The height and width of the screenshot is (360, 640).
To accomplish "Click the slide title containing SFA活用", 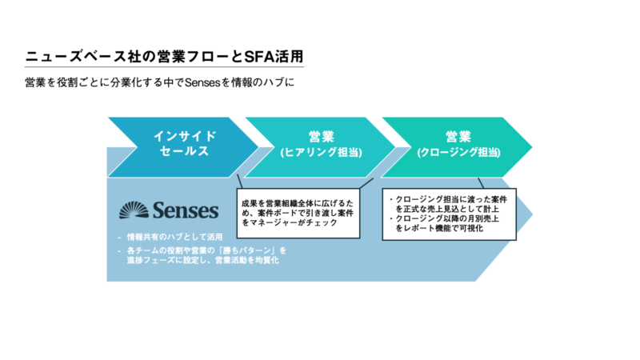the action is click(x=164, y=57).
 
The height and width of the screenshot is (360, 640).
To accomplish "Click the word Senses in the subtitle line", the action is click(x=202, y=83).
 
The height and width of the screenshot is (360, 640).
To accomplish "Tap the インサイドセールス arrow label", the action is click(x=185, y=143).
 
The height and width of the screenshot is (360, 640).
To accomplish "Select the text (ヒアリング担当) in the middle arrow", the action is click(x=322, y=152).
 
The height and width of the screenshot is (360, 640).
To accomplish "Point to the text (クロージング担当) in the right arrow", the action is click(x=458, y=152).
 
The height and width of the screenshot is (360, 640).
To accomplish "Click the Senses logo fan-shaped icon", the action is click(x=134, y=210).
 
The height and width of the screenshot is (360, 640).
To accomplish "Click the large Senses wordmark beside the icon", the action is click(x=186, y=210).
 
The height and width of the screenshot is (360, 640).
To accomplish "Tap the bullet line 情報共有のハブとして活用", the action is click(x=174, y=237).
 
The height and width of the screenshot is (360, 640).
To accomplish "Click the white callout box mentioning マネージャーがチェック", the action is click(x=298, y=213).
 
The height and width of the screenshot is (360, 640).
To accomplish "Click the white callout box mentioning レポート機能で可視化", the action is click(x=450, y=214).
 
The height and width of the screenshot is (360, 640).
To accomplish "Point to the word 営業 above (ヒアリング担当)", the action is click(x=322, y=136).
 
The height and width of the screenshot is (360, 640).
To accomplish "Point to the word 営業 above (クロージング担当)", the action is click(x=458, y=136).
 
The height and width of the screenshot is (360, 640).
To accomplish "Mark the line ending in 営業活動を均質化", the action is click(x=203, y=260).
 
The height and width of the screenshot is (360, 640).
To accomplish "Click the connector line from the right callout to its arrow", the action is click(x=481, y=183).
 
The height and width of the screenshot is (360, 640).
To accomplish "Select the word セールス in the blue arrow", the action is click(x=185, y=151).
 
